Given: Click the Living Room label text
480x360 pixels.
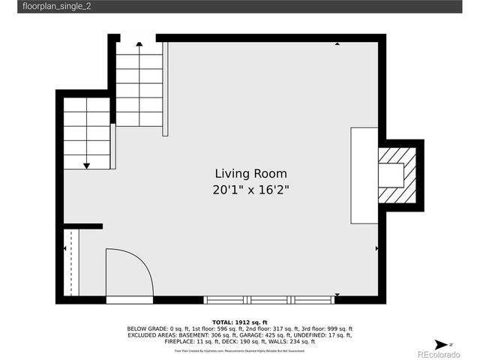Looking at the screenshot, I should point(250,173).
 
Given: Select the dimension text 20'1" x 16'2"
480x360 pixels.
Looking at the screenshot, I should point(250,190).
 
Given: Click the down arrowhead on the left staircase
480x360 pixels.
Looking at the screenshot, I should point(87,165).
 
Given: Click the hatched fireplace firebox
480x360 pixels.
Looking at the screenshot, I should point(396,175).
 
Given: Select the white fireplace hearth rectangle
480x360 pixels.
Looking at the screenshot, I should point(364,175).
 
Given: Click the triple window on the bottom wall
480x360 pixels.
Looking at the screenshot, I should point(268,300).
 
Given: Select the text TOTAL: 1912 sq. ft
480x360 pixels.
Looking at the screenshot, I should point(239,320).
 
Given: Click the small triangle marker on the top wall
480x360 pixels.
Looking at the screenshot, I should point(337,43).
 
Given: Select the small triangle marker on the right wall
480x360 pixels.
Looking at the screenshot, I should point(376,247).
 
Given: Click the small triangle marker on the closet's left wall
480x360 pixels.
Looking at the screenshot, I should point(64,247).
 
